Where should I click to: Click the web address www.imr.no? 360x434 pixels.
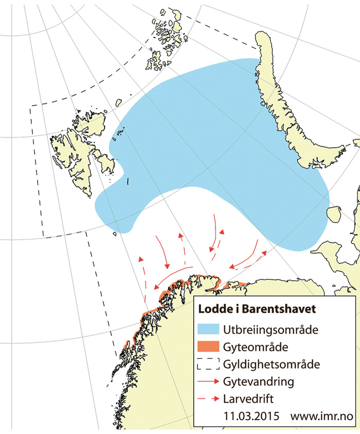[x=323, y=415]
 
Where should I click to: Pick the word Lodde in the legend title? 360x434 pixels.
[x=211, y=310]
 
